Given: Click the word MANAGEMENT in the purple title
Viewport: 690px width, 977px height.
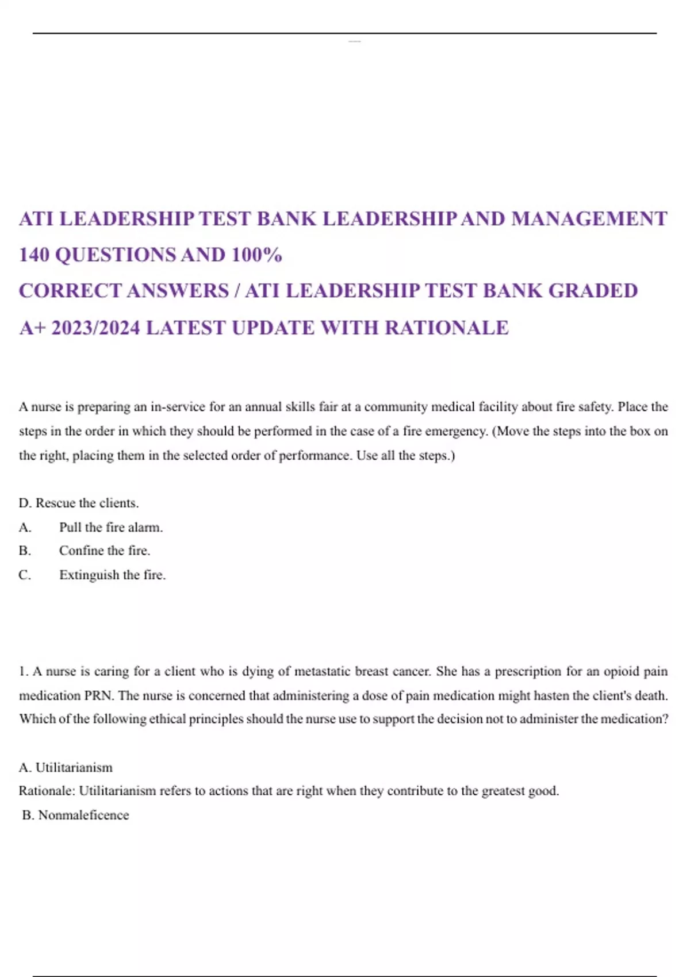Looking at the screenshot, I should coord(589,219).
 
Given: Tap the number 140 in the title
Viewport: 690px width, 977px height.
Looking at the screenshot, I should coord(34,255).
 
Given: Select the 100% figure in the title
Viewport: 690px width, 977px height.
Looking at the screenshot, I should coord(256,255).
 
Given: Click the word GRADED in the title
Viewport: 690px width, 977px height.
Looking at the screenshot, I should coord(593,291).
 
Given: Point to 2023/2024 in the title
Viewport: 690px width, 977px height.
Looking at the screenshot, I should coord(95,328).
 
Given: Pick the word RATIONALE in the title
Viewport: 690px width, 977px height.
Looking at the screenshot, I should coord(446,328).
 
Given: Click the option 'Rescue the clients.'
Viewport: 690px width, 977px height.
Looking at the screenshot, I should coord(86,503).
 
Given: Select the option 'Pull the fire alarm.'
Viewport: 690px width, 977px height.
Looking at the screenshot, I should coord(111,527).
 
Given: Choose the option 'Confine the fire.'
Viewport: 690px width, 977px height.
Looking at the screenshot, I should coord(105,551).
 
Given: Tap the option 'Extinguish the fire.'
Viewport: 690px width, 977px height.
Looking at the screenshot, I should coord(112,575).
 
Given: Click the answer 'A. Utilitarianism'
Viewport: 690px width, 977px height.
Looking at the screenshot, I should coord(66,767).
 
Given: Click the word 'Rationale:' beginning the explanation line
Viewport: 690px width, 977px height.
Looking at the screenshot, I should coord(47,791).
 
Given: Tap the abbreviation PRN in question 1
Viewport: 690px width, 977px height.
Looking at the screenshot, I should coord(99,695).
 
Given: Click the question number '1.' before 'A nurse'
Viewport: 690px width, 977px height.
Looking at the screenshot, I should coord(24,671).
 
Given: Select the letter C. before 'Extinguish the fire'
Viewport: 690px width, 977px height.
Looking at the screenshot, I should coord(25,575).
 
